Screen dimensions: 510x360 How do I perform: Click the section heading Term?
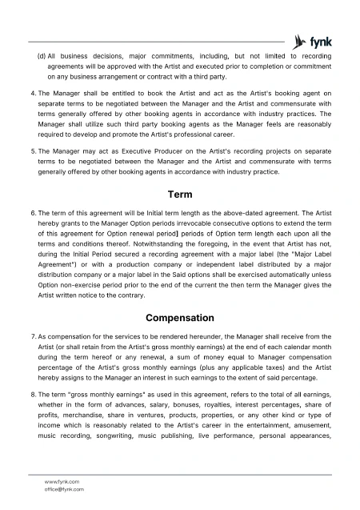point(179,195)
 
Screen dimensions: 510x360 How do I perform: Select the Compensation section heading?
point(179,317)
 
